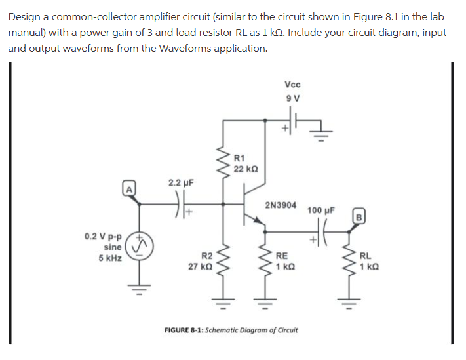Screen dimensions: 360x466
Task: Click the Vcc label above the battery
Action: tap(293, 84)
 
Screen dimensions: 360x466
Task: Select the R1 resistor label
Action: tap(239, 157)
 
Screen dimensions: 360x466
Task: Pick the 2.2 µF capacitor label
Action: tap(180, 182)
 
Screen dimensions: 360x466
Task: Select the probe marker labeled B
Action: tap(359, 216)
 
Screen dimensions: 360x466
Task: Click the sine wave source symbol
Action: tap(138, 245)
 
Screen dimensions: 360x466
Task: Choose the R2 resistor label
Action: tap(206, 256)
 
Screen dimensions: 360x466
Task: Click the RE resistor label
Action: tap(282, 256)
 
